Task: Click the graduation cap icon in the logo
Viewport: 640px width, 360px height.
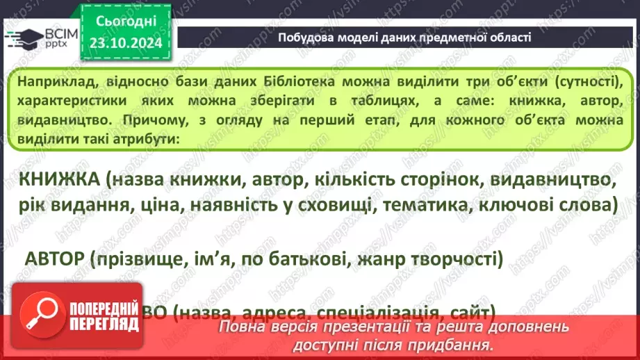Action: click(23, 37)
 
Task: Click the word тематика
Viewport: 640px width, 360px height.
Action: click(407, 206)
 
